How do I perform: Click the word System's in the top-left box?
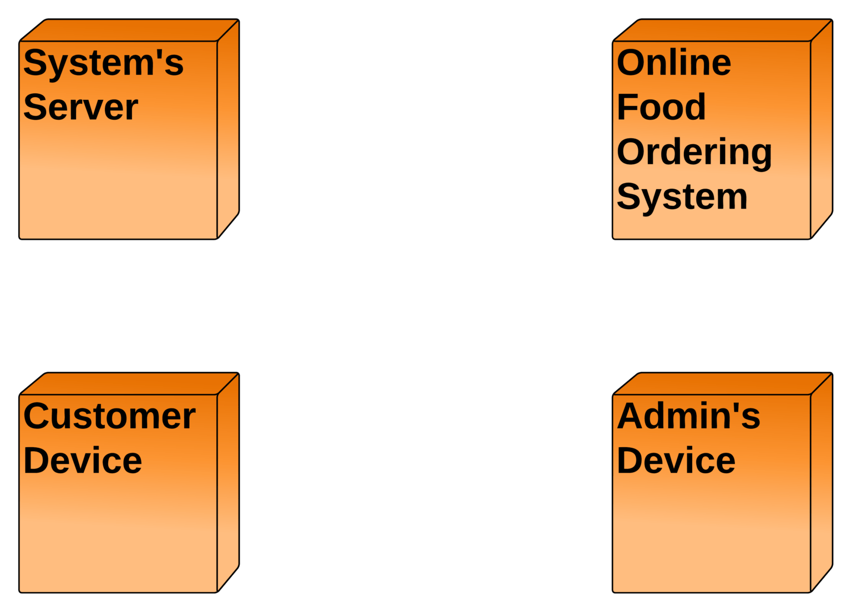pos(103,63)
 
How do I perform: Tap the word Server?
pos(80,107)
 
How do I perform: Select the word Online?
pos(674,62)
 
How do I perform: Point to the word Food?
pos(661,107)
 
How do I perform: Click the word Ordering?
pos(694,152)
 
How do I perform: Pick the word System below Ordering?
pos(682,197)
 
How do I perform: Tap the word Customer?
pos(109,416)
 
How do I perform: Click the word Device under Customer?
pos(83,461)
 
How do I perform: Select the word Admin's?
pos(688,416)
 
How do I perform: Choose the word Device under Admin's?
pos(676,461)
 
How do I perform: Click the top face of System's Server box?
pos(129,30)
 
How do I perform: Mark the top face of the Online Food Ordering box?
pos(722,30)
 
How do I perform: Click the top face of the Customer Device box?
pos(129,383)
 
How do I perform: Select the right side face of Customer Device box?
pos(228,482)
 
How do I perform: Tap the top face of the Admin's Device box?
pos(722,383)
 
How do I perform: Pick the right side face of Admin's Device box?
pos(821,482)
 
